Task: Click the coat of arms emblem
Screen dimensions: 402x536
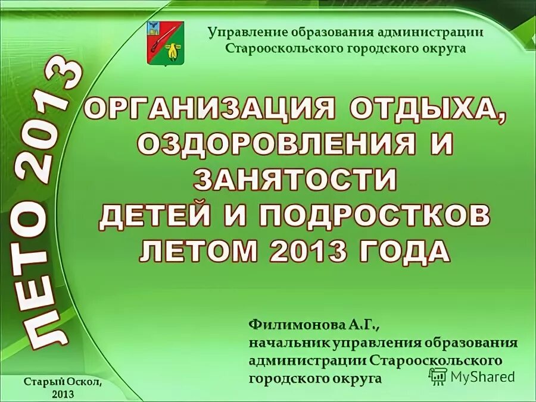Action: (x=166, y=43)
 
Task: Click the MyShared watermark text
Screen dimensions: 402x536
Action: (x=482, y=376)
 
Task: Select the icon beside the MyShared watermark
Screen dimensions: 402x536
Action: (x=438, y=375)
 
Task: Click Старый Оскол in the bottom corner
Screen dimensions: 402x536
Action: (x=64, y=382)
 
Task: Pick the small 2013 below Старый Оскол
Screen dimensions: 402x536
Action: (x=63, y=394)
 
